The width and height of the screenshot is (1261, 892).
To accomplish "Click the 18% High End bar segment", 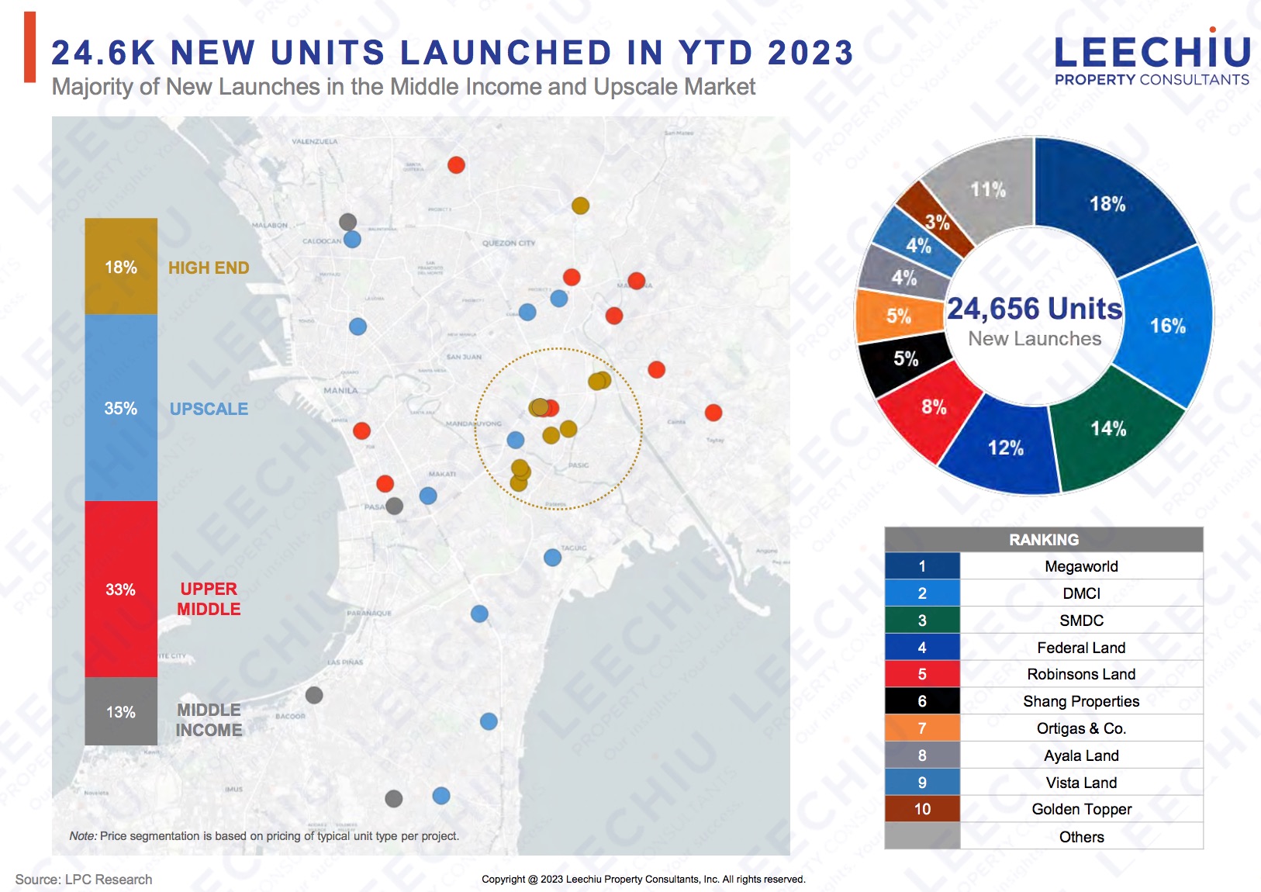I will coord(121,267).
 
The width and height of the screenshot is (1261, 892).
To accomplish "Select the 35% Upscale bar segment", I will coord(121,408).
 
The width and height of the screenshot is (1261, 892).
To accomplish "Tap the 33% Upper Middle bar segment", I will coord(121,589).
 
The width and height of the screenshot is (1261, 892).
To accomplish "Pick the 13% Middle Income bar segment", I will coord(121,712).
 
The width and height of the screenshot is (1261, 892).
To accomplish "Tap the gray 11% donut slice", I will coord(987,189).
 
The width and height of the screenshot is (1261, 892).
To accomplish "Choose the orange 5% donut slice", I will coord(899,316).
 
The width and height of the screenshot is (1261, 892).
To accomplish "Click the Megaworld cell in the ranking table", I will coord(1081,566).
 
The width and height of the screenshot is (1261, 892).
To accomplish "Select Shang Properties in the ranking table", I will coord(1081,701).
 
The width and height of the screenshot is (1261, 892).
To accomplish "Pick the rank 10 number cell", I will coord(922,809).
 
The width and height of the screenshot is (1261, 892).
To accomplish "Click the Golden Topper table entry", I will coord(1081,809).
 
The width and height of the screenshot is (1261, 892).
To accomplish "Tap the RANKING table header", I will coord(1044,539).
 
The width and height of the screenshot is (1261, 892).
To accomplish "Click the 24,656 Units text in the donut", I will coord(1035,309).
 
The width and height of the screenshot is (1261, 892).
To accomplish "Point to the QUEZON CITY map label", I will coord(509,243).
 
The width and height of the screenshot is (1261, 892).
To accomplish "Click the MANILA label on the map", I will coord(340,390).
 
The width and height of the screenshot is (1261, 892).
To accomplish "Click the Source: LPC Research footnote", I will coord(84,880).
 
